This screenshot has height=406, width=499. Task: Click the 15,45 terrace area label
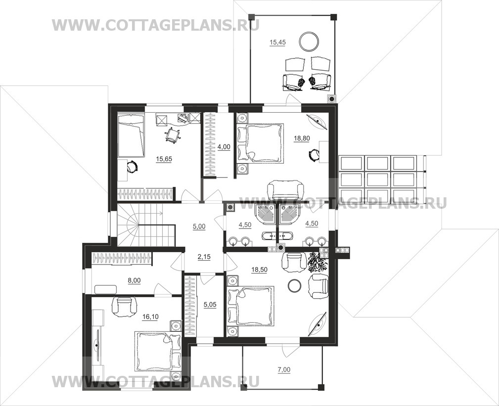[x=277, y=43]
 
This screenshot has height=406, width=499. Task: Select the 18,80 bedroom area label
[x=302, y=138]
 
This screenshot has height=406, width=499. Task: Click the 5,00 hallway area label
[x=199, y=227]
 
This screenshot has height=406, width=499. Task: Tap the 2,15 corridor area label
[x=204, y=257]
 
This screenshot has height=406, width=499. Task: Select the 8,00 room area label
[x=134, y=280]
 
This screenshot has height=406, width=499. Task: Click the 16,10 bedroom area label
[x=151, y=316]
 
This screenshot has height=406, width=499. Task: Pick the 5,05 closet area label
[x=210, y=305]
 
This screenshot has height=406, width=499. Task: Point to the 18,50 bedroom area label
[x=259, y=270]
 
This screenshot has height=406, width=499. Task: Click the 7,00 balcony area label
[x=284, y=370]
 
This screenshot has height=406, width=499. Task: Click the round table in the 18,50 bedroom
[x=294, y=285]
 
